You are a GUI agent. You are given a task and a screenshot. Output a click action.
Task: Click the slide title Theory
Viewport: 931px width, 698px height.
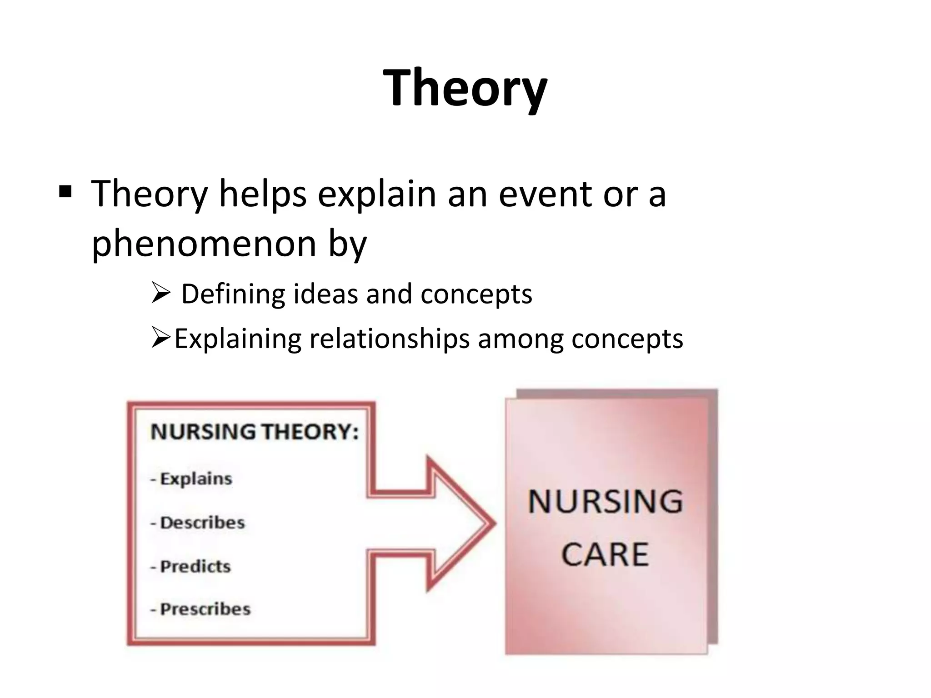pyautogui.click(x=465, y=87)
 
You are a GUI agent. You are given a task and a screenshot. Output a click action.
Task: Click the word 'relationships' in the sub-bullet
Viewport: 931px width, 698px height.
pyautogui.click(x=389, y=339)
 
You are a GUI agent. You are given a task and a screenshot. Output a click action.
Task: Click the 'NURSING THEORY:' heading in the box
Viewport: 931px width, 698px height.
pyautogui.click(x=255, y=432)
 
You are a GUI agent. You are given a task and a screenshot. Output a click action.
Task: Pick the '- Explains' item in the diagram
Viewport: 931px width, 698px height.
pyautogui.click(x=191, y=479)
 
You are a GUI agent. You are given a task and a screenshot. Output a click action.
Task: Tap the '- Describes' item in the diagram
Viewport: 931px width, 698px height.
pyautogui.click(x=198, y=523)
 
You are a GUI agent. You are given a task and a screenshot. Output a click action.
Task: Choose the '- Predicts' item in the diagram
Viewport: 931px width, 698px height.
pyautogui.click(x=191, y=566)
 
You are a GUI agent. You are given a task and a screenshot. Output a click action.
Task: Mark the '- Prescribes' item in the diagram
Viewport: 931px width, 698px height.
pyautogui.click(x=200, y=609)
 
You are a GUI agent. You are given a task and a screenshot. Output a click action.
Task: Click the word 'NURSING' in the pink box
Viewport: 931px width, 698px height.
pyautogui.click(x=606, y=502)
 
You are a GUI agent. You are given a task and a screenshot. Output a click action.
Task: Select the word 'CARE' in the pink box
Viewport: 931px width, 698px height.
pyautogui.click(x=605, y=554)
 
